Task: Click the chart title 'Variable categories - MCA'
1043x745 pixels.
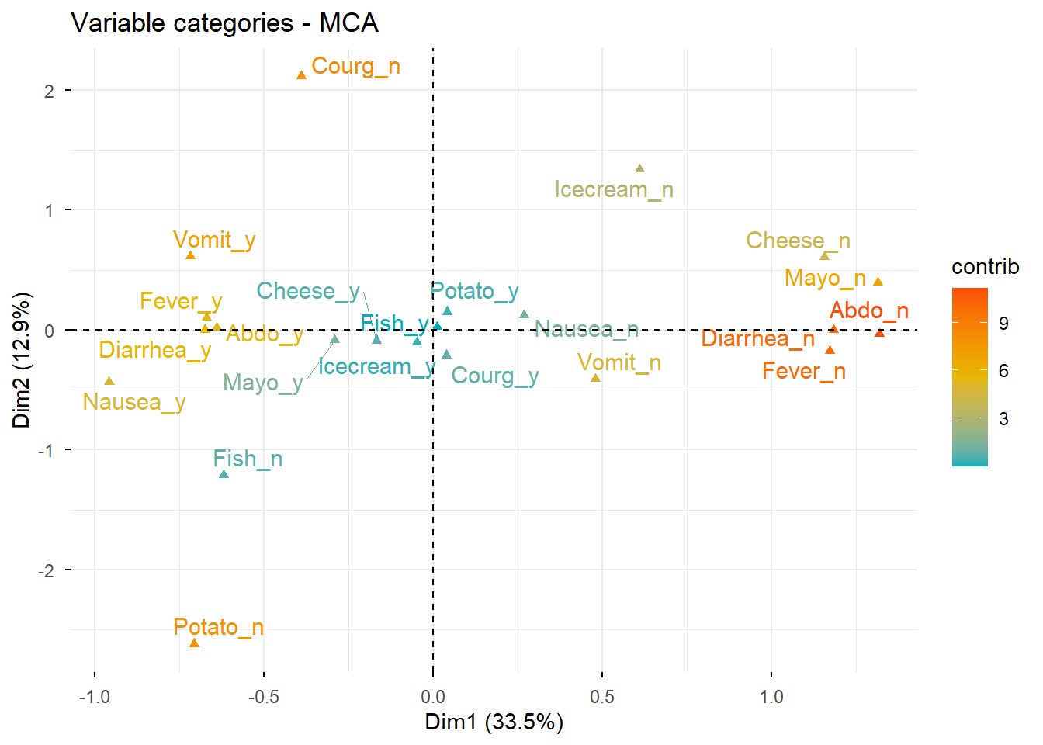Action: [224, 23]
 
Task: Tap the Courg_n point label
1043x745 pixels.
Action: [355, 67]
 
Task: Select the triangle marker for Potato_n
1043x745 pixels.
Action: [195, 643]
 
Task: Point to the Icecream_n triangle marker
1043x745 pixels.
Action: [639, 168]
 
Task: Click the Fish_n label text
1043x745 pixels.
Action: [248, 459]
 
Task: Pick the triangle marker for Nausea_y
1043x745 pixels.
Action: [109, 381]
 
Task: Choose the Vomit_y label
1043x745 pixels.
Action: [214, 240]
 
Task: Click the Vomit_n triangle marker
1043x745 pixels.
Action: [595, 378]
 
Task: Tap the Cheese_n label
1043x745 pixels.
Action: [798, 241]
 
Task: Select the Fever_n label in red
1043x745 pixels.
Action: [803, 372]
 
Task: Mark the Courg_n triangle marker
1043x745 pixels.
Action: [301, 75]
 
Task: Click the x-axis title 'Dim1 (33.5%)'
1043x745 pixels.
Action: [494, 722]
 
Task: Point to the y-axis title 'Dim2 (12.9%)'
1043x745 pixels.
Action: [21, 360]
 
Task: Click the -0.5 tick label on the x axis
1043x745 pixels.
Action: [263, 697]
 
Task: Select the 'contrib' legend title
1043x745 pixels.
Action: [985, 267]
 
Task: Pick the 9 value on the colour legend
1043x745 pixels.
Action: [1003, 324]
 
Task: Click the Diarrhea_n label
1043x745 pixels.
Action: [757, 339]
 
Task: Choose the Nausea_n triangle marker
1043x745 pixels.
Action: [524, 314]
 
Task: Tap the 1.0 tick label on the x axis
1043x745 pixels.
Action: [771, 697]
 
